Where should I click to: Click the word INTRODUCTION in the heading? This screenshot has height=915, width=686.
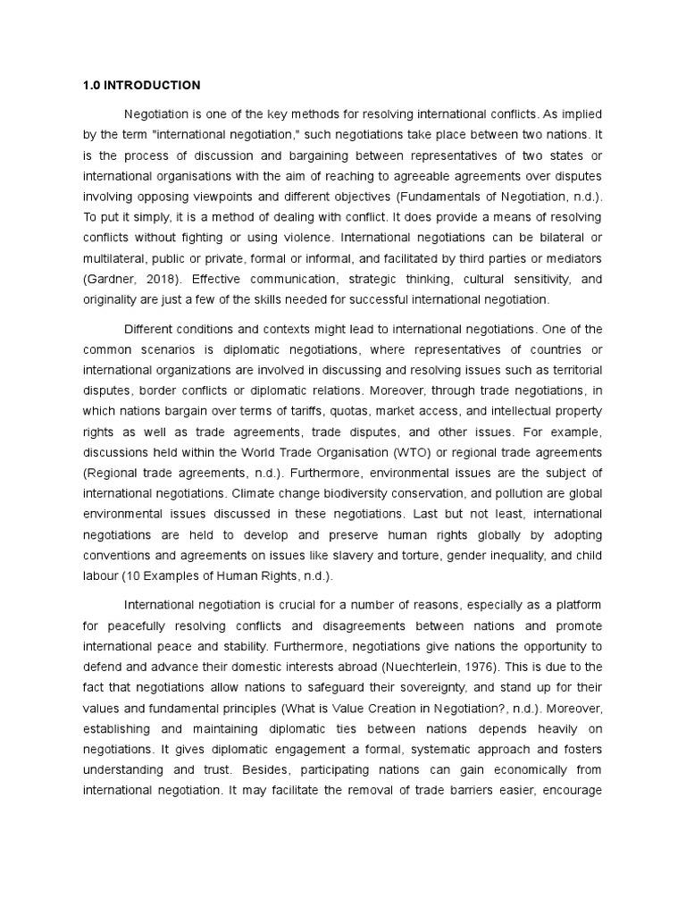point(152,86)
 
